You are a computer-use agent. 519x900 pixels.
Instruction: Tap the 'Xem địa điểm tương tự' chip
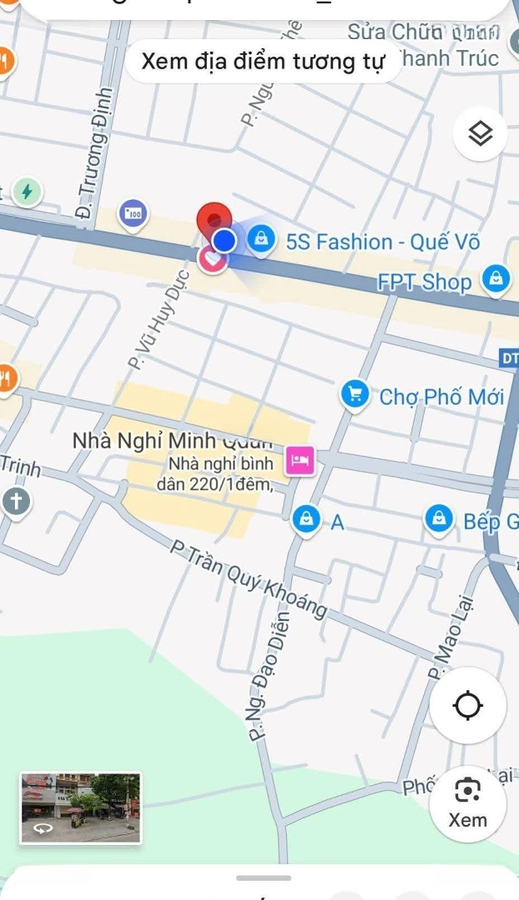263,61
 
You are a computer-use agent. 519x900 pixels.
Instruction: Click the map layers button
481,133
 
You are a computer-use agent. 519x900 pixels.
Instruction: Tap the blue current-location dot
224,241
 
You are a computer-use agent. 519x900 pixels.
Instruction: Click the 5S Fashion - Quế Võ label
383,242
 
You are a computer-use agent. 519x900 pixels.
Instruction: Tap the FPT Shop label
424,282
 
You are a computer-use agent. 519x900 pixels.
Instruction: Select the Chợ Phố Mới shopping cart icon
355,394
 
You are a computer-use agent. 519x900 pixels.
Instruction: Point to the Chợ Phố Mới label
441,397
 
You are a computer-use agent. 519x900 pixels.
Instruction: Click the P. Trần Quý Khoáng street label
248,579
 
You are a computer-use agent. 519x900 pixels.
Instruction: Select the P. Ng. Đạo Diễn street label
269,676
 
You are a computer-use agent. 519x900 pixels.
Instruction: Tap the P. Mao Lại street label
450,637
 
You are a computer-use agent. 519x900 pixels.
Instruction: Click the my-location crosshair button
467,706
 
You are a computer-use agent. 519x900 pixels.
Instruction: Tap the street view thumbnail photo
81,807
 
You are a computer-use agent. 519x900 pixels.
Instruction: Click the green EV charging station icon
27,192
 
